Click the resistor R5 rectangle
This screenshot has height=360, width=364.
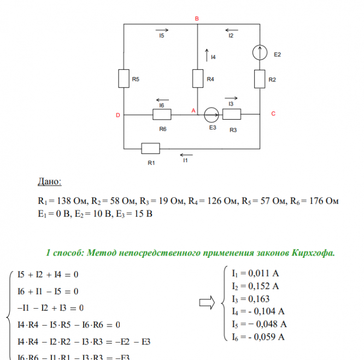pos(124,78)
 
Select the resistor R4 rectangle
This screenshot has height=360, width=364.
pos(198,78)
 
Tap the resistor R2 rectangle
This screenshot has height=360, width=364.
pos(260,79)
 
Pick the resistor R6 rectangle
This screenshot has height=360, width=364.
pos(162,115)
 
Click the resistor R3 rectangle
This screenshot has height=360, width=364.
pos(232,115)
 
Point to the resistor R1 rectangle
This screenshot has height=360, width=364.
pos(150,148)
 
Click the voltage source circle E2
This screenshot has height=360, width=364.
pos(260,53)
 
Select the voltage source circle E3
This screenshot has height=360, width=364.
pos(210,115)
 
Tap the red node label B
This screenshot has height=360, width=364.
pos(197,19)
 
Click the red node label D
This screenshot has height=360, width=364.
pos(118,115)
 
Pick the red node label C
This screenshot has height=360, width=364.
pos(273,114)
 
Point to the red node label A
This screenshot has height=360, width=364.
pos(193,110)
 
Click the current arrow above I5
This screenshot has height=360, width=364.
pos(162,29)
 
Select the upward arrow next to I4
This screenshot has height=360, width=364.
pos(207,55)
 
